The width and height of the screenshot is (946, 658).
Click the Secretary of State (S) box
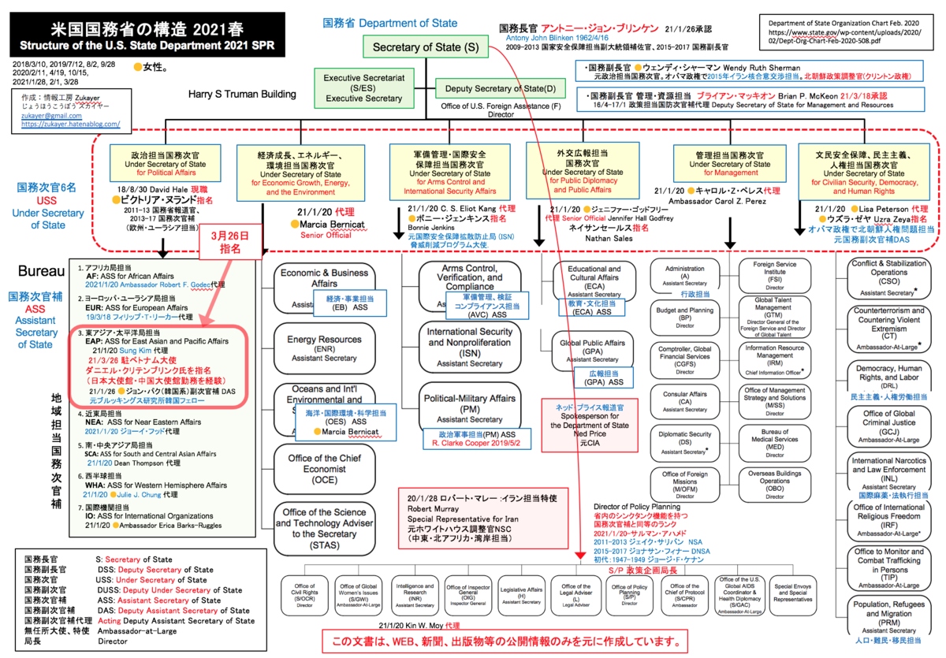click(x=426, y=47)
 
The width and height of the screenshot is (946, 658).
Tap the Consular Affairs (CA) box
click(x=684, y=400)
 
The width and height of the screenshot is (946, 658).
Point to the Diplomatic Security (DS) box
click(x=684, y=441)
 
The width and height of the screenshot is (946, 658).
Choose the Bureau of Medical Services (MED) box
click(x=774, y=443)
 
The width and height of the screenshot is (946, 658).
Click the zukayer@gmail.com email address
click(x=45, y=114)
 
